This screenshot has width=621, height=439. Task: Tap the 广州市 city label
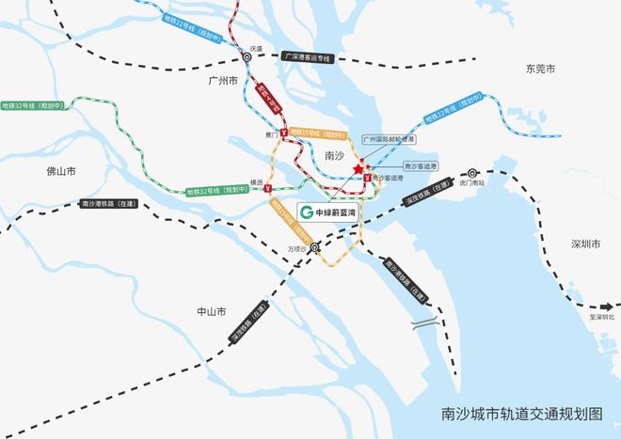[x=226, y=82]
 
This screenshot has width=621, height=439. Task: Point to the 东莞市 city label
[x=541, y=69]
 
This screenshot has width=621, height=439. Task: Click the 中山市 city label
[x=211, y=311]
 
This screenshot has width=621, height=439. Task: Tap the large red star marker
[x=358, y=169]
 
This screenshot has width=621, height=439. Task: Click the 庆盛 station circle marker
[x=247, y=56]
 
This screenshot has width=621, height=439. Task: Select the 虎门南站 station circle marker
[x=472, y=173]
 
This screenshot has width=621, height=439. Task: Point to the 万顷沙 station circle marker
[x=314, y=248]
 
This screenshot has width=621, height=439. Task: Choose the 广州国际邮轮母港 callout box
[x=389, y=139]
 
